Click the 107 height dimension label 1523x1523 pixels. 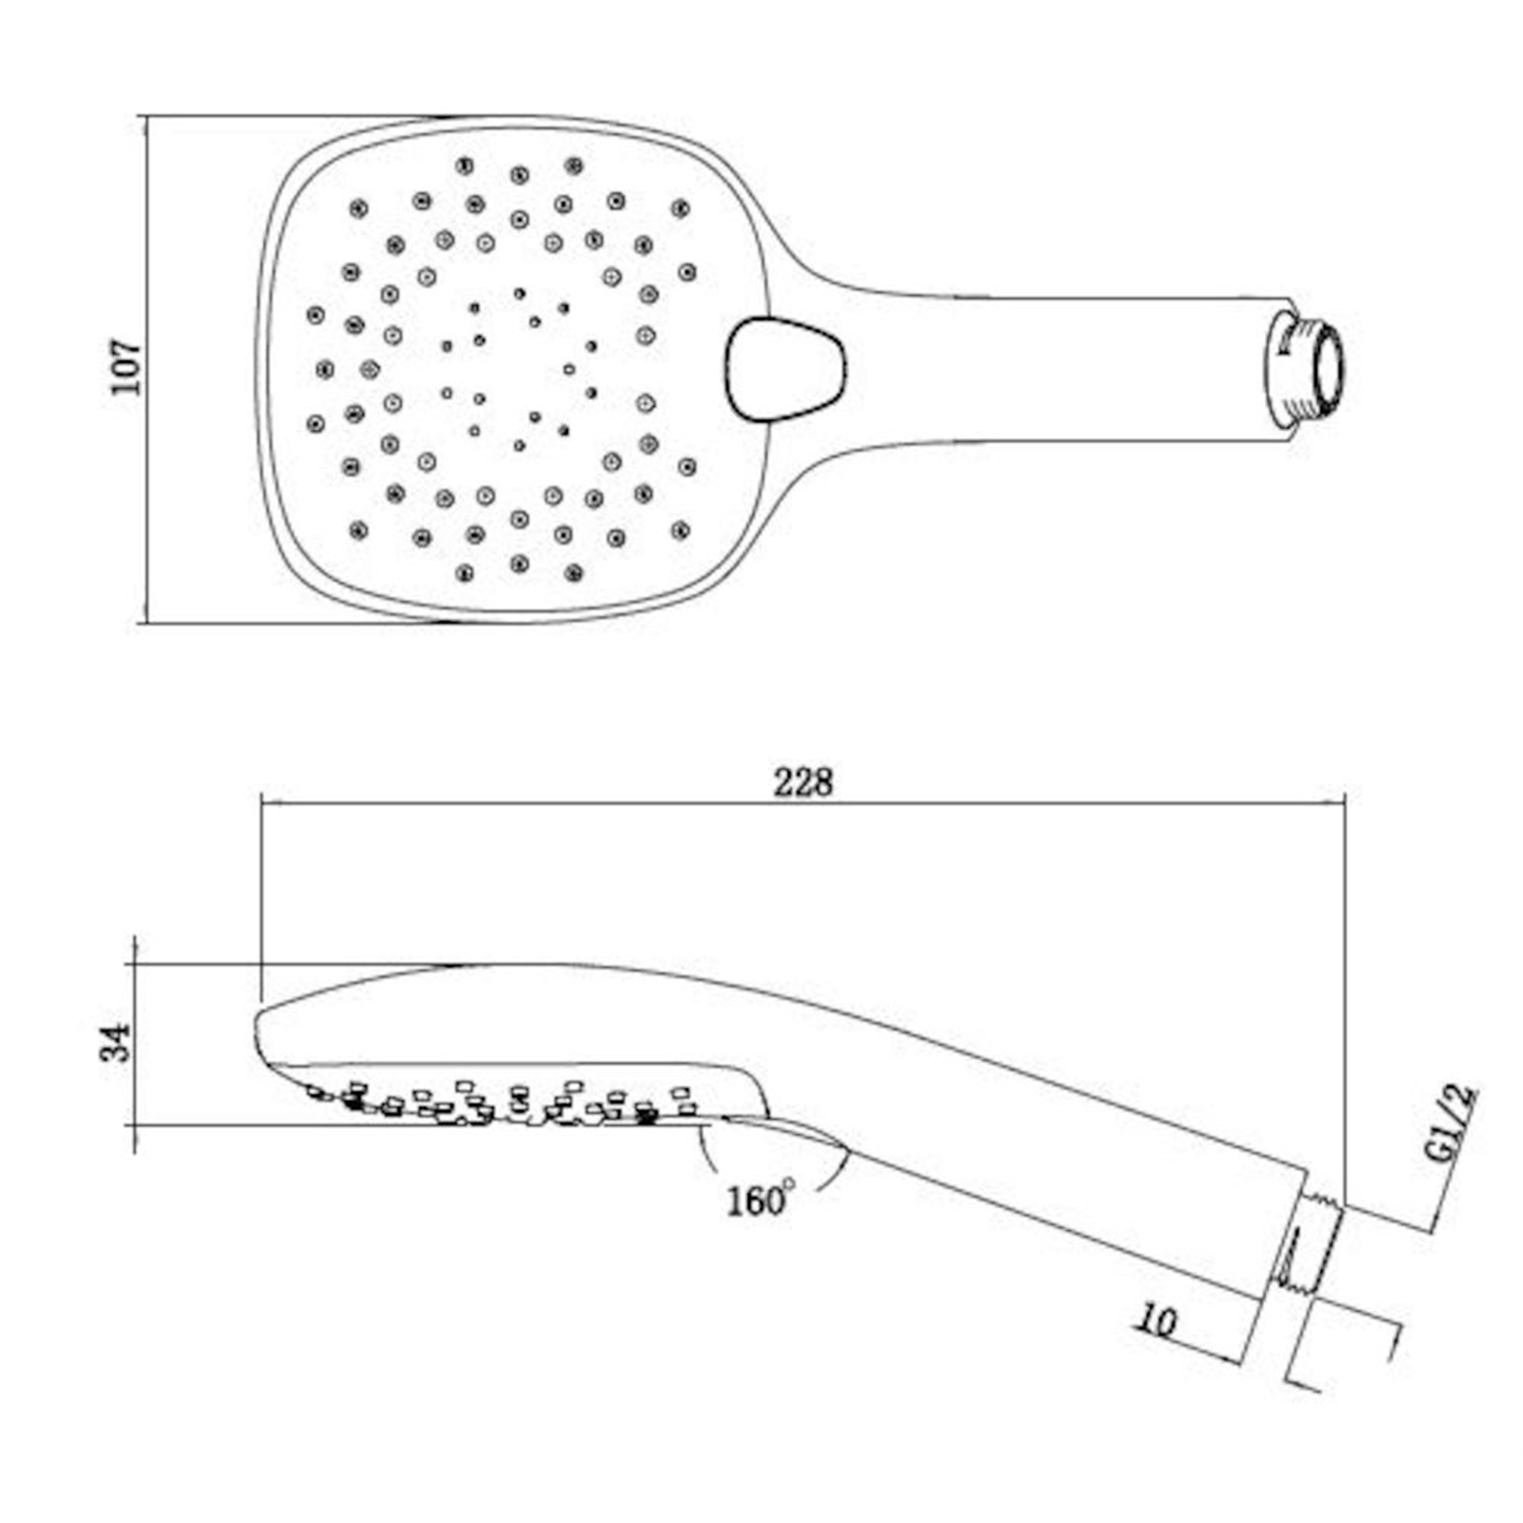click(x=125, y=366)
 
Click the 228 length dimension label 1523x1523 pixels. click(x=802, y=782)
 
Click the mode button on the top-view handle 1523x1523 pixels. click(x=786, y=369)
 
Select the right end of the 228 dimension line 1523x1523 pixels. click(x=1345, y=803)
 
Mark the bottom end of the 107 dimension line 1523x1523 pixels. click(x=145, y=623)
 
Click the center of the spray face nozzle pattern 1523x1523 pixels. click(x=519, y=369)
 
